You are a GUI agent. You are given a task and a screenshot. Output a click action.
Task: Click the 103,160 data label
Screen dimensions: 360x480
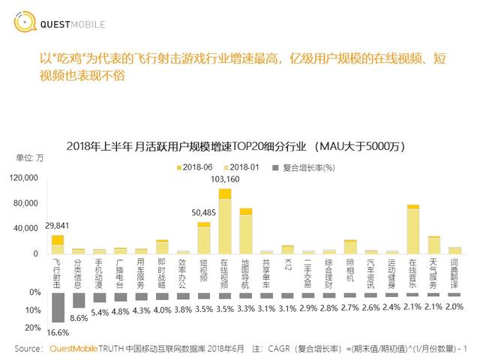point(226,180)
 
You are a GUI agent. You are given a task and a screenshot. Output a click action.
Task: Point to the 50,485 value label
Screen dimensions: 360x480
point(202,212)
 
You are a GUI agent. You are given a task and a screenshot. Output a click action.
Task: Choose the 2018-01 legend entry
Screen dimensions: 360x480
point(238,165)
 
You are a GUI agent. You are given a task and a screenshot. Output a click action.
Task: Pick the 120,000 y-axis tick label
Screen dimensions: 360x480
point(24,178)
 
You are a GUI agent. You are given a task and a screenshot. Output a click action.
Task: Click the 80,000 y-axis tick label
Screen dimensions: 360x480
point(26,203)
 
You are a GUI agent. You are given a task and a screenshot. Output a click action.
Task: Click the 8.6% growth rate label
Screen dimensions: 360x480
point(78,319)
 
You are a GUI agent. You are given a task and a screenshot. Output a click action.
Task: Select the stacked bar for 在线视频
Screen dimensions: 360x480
point(224,220)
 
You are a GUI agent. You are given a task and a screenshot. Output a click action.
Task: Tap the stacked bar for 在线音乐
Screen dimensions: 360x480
point(412,229)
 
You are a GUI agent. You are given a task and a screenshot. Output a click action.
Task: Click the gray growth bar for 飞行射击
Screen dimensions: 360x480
point(58,308)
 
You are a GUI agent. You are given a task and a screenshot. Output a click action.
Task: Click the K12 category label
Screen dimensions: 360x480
point(286,265)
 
